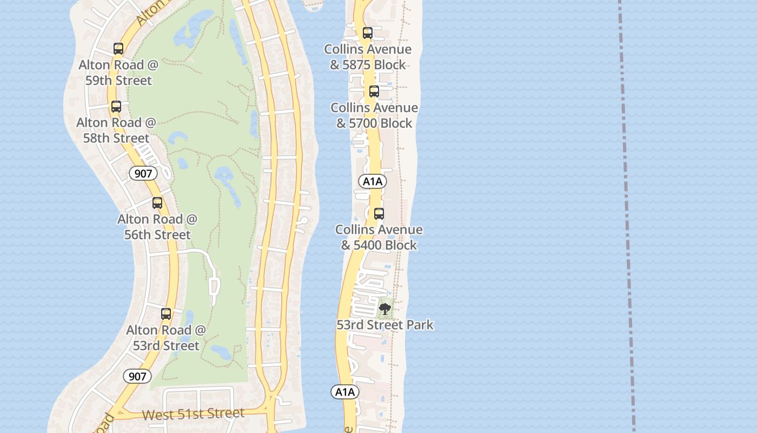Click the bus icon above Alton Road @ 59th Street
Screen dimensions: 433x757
tap(118, 49)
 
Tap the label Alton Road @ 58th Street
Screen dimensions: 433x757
tap(116, 130)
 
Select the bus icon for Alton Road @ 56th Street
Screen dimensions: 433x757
tap(157, 203)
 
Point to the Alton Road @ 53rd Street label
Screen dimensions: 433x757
tap(166, 338)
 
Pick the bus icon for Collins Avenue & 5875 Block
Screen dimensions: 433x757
tap(368, 33)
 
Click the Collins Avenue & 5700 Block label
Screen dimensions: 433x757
tap(374, 115)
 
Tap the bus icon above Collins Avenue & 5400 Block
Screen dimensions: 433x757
tap(379, 213)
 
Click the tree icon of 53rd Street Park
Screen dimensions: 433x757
tap(385, 309)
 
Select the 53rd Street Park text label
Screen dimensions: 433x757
tap(385, 325)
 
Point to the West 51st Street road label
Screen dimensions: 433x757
tap(193, 414)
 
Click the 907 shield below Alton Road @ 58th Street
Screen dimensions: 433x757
tap(143, 173)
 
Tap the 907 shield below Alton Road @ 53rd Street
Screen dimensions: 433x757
tap(137, 376)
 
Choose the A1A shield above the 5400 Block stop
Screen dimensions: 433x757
tap(373, 181)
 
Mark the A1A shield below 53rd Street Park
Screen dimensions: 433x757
tap(344, 392)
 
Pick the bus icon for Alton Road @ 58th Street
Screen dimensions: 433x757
tap(116, 107)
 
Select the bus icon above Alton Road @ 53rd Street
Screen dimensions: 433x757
tap(166, 314)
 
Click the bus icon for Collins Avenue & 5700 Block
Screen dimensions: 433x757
tap(374, 91)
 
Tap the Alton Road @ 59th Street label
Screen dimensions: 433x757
tap(118, 73)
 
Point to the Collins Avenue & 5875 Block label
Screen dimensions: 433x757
tap(368, 57)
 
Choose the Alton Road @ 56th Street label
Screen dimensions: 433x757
tap(157, 227)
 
